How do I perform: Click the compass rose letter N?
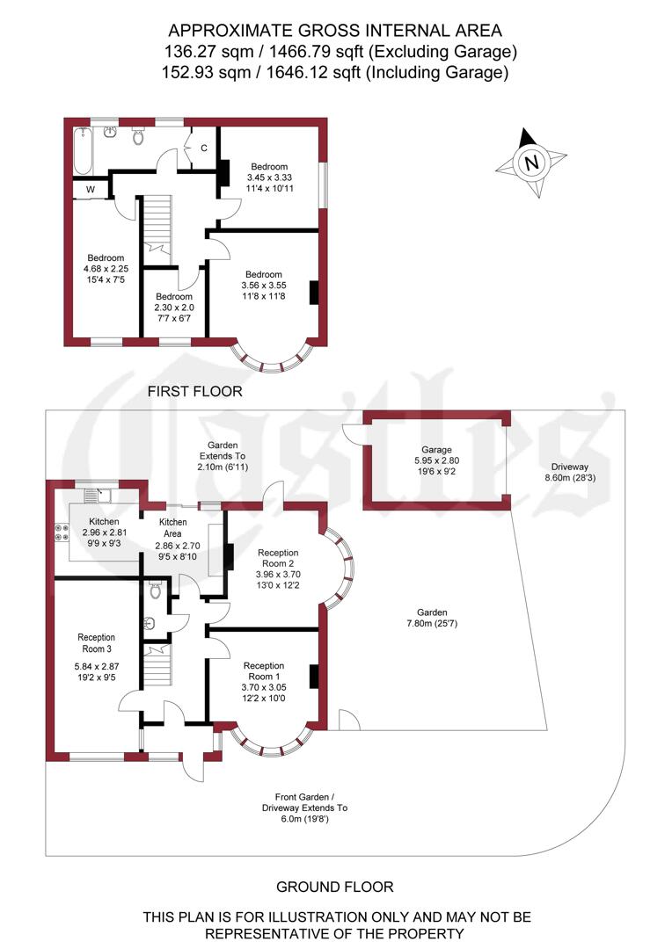(x=530, y=163)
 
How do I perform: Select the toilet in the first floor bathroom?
(x=138, y=136)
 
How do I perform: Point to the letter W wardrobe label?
(x=91, y=189)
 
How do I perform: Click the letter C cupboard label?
(x=204, y=148)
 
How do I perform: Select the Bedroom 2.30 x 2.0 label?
(x=174, y=308)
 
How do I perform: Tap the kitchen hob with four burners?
(x=63, y=531)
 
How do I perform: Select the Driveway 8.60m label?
(x=569, y=473)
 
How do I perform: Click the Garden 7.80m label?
(x=432, y=618)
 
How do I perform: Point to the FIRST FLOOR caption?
(x=194, y=390)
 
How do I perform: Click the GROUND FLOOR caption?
(x=335, y=887)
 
